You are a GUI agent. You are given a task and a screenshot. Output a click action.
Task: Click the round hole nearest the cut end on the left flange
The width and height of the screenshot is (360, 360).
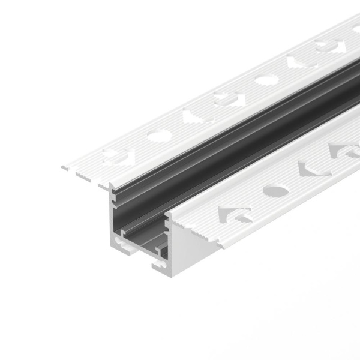click(159, 136)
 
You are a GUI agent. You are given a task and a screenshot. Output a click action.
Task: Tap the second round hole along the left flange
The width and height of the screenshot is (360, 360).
click(265, 79)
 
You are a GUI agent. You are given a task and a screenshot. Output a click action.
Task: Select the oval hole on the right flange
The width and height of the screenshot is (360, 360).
click(275, 191)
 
